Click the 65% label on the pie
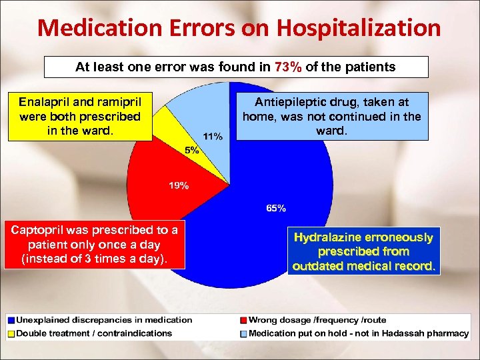[276, 209]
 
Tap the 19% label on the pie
[178, 185]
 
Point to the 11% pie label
[213, 136]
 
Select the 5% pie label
[192, 150]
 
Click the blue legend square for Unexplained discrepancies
[11, 320]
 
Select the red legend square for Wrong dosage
[244, 320]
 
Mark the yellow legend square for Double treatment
[11, 333]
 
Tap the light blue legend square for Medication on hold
[244, 333]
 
